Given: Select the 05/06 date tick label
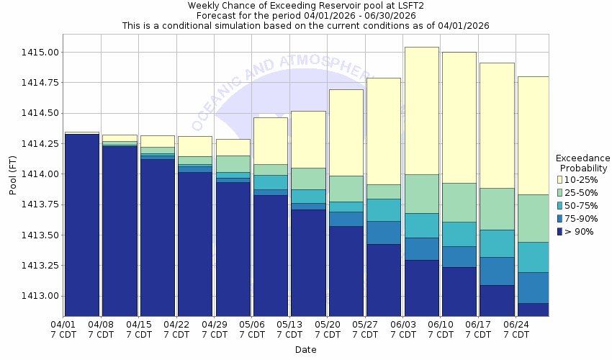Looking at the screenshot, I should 252,329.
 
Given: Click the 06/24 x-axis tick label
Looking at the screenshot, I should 516,329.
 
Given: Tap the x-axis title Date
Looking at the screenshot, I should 305,350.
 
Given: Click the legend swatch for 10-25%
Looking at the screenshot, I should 559,179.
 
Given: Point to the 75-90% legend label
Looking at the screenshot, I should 582,218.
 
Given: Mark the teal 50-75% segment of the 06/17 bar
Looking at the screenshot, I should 497,243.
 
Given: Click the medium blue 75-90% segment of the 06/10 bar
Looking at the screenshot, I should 459,257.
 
